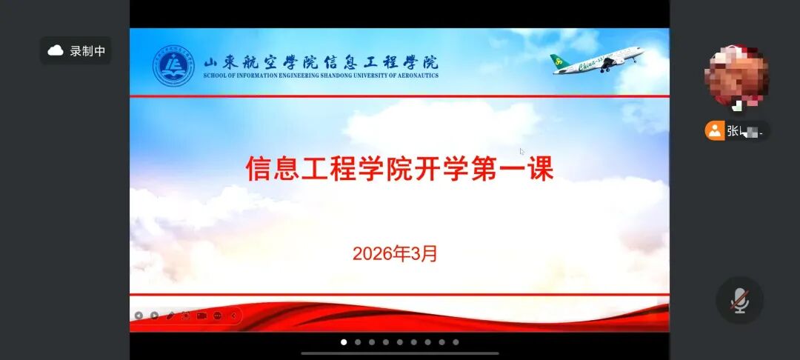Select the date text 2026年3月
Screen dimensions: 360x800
pos(395,254)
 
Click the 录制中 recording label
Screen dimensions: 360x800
pos(87,51)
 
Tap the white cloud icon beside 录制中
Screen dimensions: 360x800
pos(56,51)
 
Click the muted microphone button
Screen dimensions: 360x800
pos(739,300)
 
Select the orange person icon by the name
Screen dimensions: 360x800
pos(714,131)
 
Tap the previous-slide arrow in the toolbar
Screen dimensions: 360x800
pos(139,316)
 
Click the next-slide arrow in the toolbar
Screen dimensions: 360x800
pos(154,316)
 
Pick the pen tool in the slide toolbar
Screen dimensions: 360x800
pos(170,316)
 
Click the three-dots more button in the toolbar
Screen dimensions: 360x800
pos(217,316)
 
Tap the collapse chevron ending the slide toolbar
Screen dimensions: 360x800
pos(233,316)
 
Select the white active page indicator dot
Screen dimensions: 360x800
pos(344,342)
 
